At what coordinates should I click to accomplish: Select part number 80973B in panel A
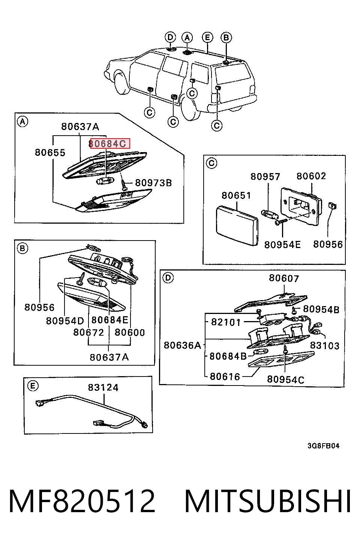(x=153, y=182)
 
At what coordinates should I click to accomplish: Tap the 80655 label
(x=50, y=152)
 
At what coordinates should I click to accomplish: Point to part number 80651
(x=236, y=195)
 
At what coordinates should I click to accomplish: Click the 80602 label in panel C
(x=311, y=176)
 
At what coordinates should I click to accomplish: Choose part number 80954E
(x=282, y=245)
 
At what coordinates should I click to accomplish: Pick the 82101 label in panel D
(x=226, y=322)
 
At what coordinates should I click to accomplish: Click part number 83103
(x=325, y=345)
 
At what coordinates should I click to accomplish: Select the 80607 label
(x=283, y=278)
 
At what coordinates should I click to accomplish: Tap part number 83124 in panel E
(x=103, y=387)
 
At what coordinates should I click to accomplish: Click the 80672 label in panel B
(x=88, y=332)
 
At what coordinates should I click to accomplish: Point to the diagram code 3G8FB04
(x=323, y=446)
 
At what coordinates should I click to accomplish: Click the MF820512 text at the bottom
(x=82, y=501)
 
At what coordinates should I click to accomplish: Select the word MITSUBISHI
(x=268, y=501)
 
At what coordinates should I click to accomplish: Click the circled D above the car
(x=170, y=37)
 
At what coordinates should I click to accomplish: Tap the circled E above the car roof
(x=207, y=37)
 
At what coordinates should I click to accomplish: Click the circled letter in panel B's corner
(x=22, y=248)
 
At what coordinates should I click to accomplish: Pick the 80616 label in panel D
(x=225, y=377)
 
